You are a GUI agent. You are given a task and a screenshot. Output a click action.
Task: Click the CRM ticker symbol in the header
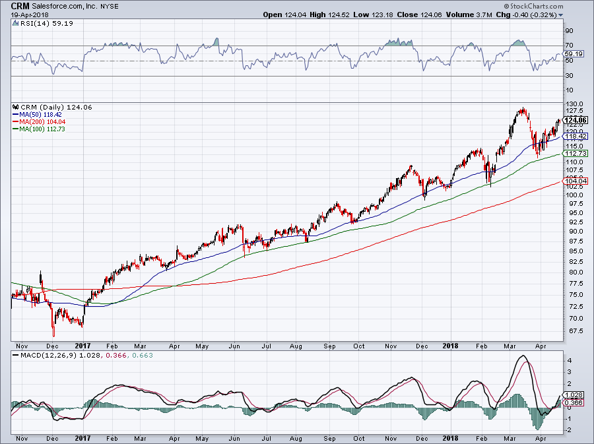[20, 6]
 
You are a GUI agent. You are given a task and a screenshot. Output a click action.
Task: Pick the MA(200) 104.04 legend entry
[42, 122]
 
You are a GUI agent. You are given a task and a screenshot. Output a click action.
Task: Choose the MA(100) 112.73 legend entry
[42, 129]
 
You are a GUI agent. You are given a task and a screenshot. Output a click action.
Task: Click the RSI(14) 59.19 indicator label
[37, 23]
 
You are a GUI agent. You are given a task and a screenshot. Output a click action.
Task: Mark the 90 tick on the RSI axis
[568, 30]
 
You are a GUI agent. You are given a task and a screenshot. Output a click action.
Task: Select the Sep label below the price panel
[330, 346]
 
